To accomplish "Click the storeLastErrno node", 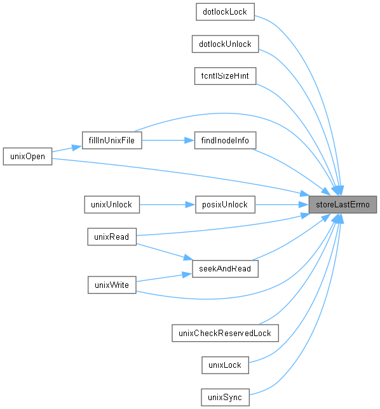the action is point(343,204).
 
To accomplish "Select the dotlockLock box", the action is point(226,12).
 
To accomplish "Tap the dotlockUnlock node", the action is point(226,44).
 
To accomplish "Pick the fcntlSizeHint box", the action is point(226,76).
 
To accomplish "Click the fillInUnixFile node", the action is point(112,140).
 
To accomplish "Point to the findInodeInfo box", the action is point(226,140).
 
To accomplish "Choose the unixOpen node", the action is point(27,157).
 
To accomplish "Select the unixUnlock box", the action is point(112,204).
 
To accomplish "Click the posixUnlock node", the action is point(226,204).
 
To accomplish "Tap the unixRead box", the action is point(112,237).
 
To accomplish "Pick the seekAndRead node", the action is point(226,269).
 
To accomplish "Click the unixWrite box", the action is point(112,285).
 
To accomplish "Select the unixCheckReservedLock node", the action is point(226,333).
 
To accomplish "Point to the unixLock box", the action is point(226,365).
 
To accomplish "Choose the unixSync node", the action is point(226,397).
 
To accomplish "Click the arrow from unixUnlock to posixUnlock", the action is point(167,204).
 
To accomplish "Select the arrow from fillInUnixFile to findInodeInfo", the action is point(168,140).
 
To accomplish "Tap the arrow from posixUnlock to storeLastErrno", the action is point(282,204).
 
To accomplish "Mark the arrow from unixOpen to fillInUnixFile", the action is point(67,148).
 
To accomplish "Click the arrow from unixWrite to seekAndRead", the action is point(164,277).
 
